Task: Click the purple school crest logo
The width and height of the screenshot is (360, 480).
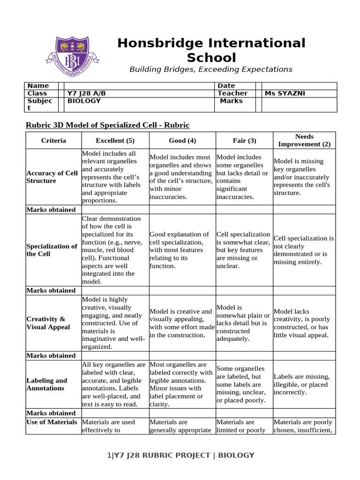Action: (72, 58)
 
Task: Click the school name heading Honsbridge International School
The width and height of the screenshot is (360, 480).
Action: (211, 50)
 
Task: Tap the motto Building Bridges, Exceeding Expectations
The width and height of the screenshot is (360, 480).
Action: (211, 69)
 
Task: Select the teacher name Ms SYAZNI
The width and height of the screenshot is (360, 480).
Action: (285, 93)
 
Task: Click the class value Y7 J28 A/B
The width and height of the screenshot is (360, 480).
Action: (90, 93)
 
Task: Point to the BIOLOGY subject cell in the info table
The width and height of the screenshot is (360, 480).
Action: (84, 101)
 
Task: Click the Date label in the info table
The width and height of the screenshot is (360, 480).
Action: (226, 86)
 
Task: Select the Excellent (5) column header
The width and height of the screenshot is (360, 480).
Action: (115, 141)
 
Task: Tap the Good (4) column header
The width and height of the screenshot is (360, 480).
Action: (182, 141)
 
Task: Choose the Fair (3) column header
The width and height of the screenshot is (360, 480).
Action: (244, 141)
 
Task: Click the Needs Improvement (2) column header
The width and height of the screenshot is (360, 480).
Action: (304, 141)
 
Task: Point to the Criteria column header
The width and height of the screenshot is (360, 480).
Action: (53, 141)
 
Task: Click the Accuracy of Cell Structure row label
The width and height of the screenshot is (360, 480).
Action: (52, 177)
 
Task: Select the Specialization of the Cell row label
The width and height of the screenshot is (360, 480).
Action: (52, 250)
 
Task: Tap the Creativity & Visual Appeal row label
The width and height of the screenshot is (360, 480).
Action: (48, 323)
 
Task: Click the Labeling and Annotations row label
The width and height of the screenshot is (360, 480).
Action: (47, 384)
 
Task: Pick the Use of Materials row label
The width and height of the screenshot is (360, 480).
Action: (52, 422)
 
